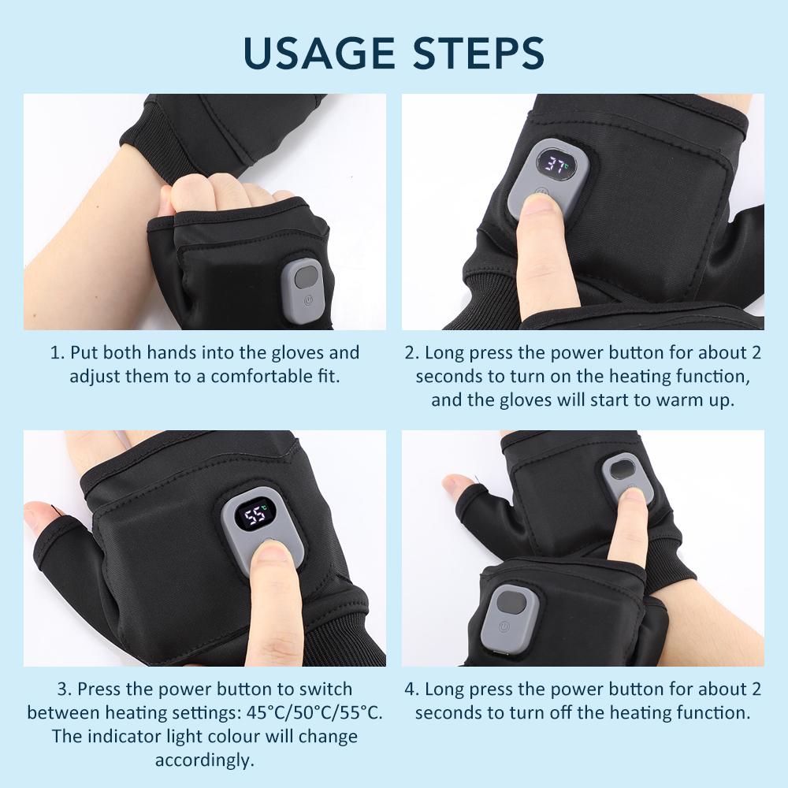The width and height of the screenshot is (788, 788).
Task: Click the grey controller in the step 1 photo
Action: click(303, 285)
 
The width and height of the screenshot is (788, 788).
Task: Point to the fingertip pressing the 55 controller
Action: click(272, 556)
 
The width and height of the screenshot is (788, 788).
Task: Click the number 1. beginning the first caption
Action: click(58, 352)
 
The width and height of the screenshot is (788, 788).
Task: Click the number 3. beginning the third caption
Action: click(64, 689)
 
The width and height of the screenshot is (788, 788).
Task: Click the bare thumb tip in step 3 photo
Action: click(39, 517)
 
